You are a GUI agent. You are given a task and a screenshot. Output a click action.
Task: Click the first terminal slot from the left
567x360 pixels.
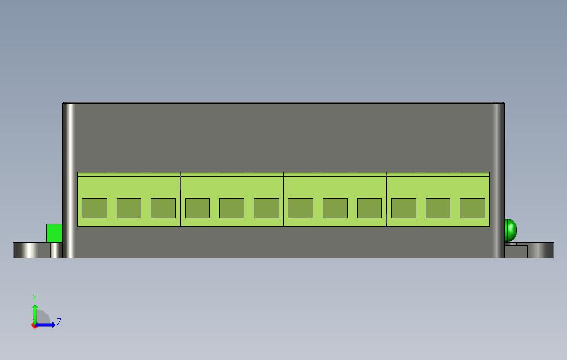click(x=95, y=208)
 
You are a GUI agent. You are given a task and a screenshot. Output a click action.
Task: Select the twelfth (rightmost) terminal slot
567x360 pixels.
click(x=473, y=208)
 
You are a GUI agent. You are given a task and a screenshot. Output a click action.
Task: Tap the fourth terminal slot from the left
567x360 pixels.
click(x=197, y=208)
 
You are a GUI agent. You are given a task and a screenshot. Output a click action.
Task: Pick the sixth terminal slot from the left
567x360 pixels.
click(x=266, y=208)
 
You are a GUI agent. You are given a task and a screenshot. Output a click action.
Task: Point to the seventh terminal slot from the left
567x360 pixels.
click(x=301, y=208)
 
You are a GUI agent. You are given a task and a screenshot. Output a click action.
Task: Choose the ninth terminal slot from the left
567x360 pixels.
click(x=369, y=208)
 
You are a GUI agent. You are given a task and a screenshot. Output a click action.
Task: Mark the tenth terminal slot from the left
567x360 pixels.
click(x=403, y=208)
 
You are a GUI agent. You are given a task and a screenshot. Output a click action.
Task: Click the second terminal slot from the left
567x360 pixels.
click(x=129, y=208)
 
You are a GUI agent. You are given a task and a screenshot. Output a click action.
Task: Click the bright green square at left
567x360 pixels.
click(x=54, y=233)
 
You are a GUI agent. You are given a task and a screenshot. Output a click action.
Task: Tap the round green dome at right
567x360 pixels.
click(x=510, y=230)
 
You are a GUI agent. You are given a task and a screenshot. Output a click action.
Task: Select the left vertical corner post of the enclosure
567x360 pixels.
click(x=69, y=180)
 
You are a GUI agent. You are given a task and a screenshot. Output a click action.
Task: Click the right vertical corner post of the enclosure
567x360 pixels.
click(x=497, y=180)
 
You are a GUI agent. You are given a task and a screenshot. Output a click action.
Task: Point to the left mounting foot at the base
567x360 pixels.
click(x=26, y=250)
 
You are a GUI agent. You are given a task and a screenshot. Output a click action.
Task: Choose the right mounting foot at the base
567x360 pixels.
click(x=541, y=250)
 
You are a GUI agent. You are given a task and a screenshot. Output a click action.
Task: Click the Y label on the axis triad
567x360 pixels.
click(x=35, y=298)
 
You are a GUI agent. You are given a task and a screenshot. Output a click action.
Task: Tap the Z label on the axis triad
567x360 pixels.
click(x=59, y=321)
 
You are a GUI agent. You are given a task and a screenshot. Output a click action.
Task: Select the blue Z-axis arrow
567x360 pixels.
click(x=48, y=325)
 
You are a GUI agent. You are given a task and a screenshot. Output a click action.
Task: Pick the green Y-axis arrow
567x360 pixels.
click(x=35, y=313)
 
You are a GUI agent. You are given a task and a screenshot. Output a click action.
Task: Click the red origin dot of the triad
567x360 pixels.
click(x=34, y=325)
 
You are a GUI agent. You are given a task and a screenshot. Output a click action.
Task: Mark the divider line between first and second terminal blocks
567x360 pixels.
click(x=181, y=199)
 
